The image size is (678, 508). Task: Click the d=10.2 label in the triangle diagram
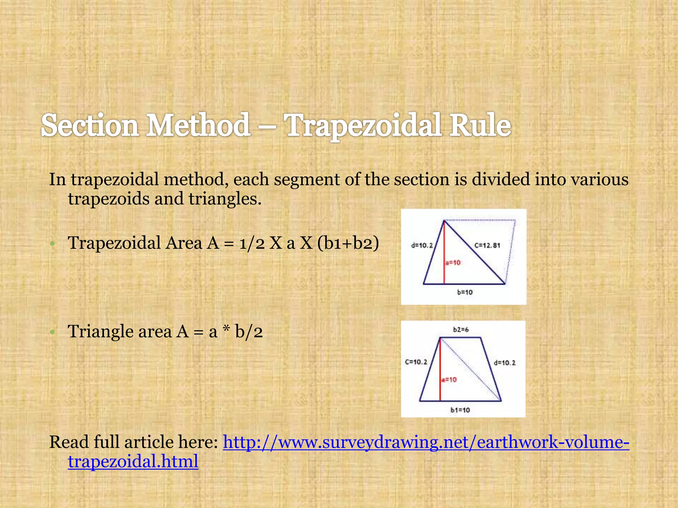click(x=422, y=245)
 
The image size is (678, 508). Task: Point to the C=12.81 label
click(x=487, y=245)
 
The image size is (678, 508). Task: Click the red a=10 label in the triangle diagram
click(x=453, y=263)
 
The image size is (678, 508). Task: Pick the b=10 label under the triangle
click(x=465, y=292)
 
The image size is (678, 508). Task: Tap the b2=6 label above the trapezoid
click(x=461, y=330)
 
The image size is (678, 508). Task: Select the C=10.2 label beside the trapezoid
click(x=416, y=362)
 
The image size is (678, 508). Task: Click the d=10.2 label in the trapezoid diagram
click(x=505, y=363)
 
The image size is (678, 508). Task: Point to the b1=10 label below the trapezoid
click(x=460, y=410)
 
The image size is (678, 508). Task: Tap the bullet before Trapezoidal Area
click(x=52, y=244)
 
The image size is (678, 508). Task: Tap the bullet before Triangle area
click(x=52, y=332)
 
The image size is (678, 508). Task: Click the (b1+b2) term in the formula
click(x=348, y=243)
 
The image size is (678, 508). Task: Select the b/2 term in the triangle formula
click(x=249, y=331)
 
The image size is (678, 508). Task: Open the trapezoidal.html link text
click(x=133, y=461)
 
